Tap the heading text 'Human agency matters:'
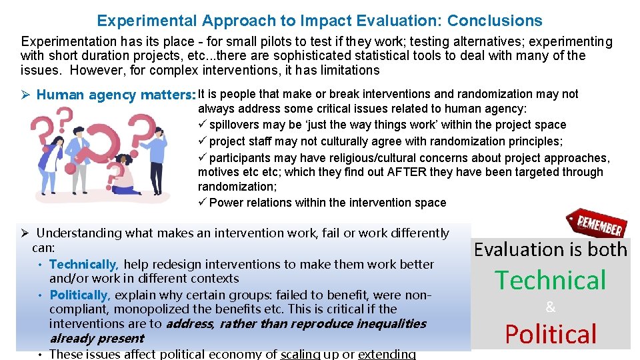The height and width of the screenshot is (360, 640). tap(115, 95)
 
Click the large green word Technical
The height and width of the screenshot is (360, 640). tap(550, 280)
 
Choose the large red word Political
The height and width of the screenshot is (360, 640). tap(550, 334)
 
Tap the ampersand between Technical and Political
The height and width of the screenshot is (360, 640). tap(550, 307)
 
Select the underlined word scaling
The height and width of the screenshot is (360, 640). tap(300, 354)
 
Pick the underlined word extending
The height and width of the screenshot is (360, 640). tap(387, 354)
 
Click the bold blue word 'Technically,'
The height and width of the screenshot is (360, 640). tap(84, 265)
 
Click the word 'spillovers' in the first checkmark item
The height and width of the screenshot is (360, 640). tap(236, 125)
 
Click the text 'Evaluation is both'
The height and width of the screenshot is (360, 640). tap(550, 249)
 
